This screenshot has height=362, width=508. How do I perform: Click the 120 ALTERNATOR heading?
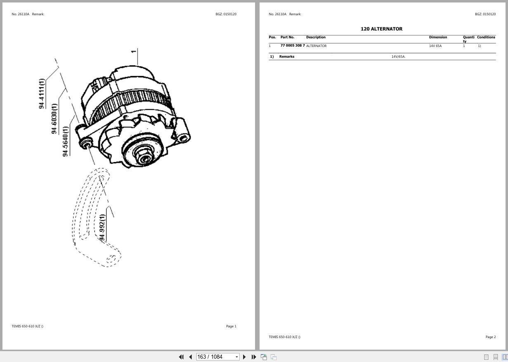click(x=381, y=29)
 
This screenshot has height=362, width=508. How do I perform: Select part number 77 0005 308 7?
click(x=293, y=45)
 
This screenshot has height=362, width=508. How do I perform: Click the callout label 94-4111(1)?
click(x=42, y=93)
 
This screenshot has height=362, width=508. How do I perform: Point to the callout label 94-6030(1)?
click(x=54, y=118)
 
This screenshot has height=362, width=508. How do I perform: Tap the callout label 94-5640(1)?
click(x=65, y=141)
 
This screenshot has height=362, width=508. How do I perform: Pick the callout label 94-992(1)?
click(x=102, y=228)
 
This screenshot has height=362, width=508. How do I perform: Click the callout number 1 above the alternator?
click(x=134, y=52)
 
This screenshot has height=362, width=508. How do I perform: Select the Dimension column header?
click(x=438, y=37)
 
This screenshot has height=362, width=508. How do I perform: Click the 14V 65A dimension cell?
click(x=435, y=46)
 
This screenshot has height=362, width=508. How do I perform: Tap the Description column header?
click(x=316, y=37)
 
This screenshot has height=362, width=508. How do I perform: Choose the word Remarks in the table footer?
click(x=286, y=56)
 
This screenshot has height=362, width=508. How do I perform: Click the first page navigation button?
click(x=181, y=357)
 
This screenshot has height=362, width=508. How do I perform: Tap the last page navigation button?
click(x=254, y=357)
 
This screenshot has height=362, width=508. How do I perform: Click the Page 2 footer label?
click(x=490, y=337)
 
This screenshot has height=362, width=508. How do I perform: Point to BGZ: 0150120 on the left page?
click(x=226, y=14)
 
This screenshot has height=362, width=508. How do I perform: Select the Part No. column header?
click(x=287, y=37)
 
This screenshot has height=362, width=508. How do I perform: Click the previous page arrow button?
click(x=190, y=357)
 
